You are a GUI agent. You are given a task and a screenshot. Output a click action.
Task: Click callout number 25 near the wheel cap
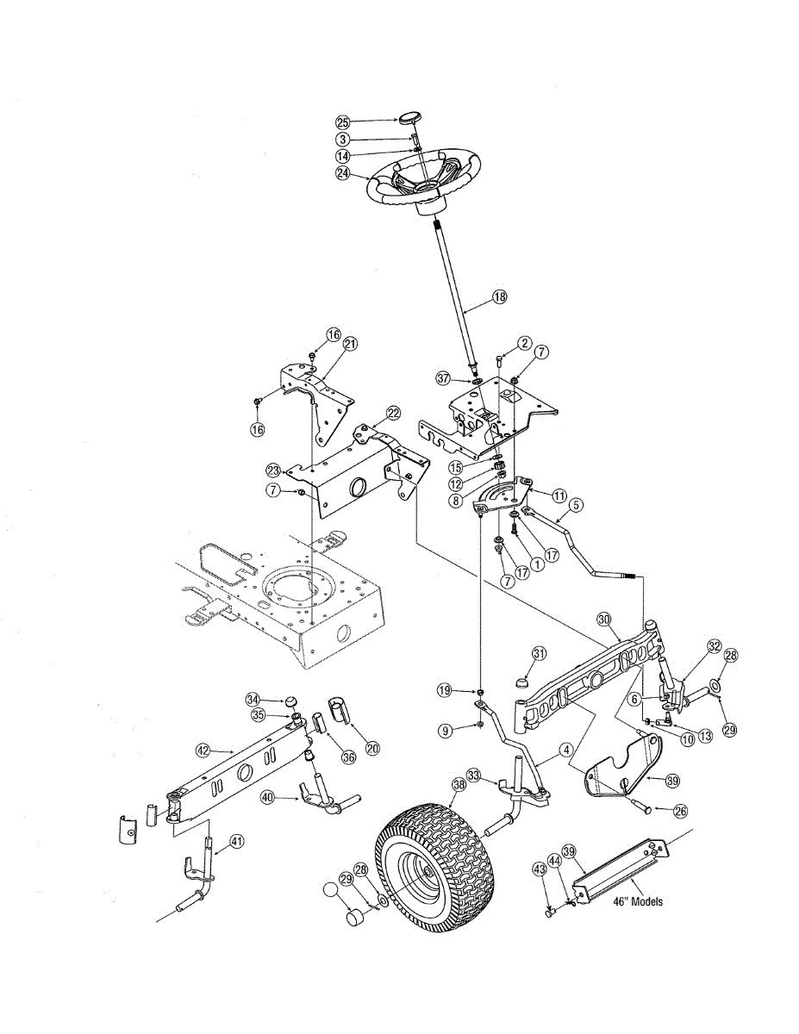pyautogui.click(x=342, y=122)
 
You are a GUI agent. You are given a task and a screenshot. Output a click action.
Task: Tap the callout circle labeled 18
pyautogui.click(x=499, y=296)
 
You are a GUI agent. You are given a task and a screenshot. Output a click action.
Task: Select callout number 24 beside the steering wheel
pyautogui.click(x=342, y=172)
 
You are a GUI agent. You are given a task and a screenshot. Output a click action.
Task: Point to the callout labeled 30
pyautogui.click(x=603, y=619)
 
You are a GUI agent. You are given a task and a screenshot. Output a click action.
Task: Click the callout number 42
pyautogui.click(x=202, y=751)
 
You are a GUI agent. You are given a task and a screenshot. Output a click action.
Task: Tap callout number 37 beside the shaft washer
pyautogui.click(x=443, y=378)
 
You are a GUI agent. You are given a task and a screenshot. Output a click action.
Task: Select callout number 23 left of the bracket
pyautogui.click(x=273, y=470)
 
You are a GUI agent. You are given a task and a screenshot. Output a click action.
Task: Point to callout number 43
pyautogui.click(x=540, y=871)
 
